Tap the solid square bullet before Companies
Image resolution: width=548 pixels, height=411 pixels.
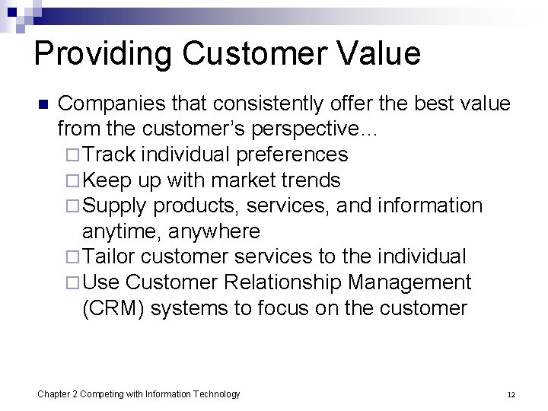tap(43, 104)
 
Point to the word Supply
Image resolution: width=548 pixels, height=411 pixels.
tap(115, 205)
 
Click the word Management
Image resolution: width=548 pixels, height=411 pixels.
tap(409, 282)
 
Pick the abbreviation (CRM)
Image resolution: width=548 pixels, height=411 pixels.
tap(113, 308)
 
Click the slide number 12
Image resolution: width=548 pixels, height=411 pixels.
tap(511, 394)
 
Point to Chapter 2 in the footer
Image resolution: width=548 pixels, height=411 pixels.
tap(58, 393)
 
